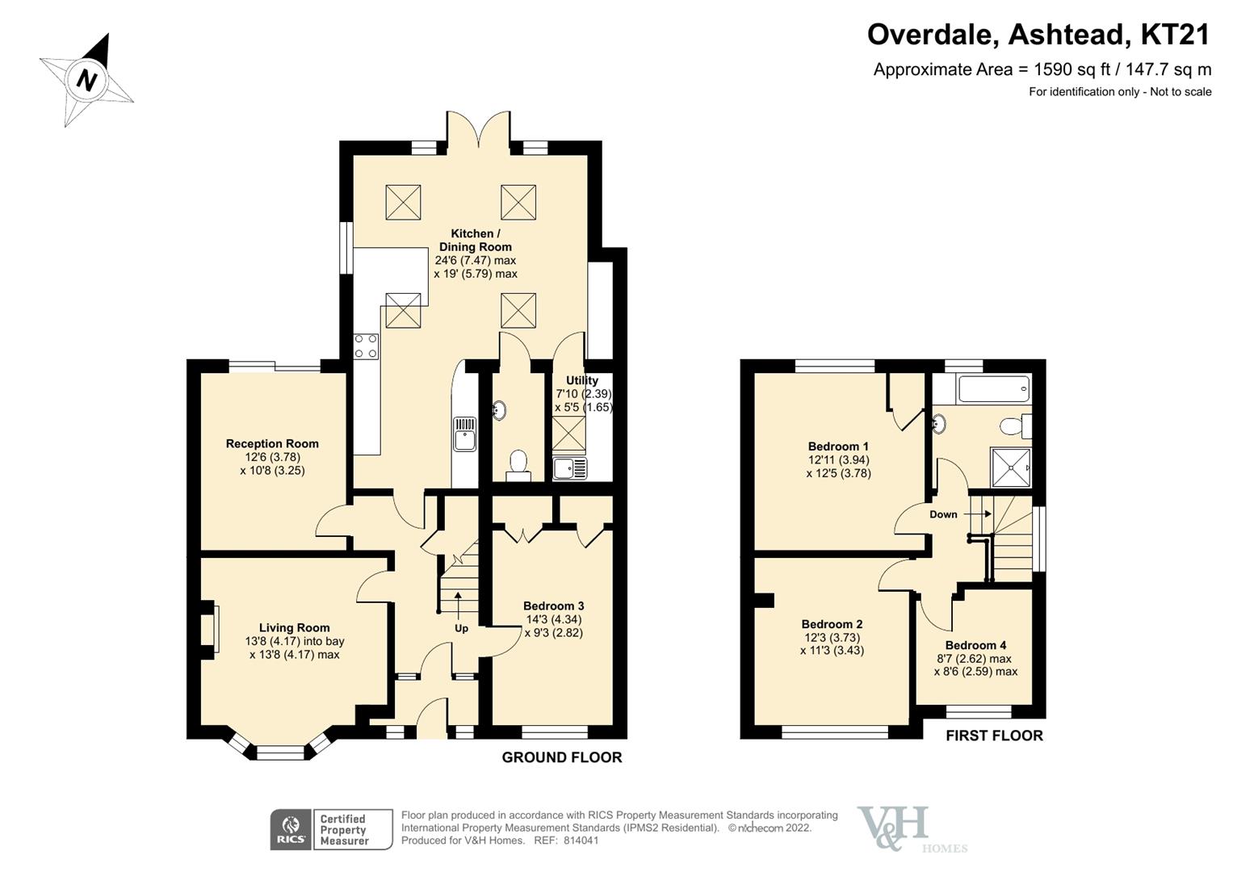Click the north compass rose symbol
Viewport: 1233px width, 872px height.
pyautogui.click(x=86, y=80)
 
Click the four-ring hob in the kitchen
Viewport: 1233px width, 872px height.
pyautogui.click(x=367, y=346)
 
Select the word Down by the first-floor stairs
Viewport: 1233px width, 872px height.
pyautogui.click(x=943, y=514)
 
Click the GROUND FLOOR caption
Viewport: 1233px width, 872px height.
pyautogui.click(x=562, y=757)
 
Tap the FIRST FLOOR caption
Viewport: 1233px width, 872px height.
pyautogui.click(x=994, y=736)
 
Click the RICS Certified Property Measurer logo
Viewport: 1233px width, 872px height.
pyautogui.click(x=331, y=830)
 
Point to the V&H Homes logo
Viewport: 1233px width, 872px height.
pyautogui.click(x=904, y=829)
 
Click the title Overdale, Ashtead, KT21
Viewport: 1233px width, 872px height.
pyautogui.click(x=1038, y=35)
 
